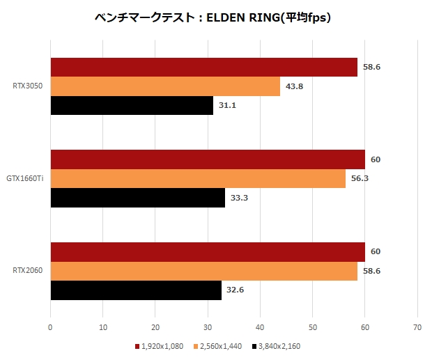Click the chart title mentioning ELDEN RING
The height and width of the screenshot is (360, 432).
tap(213, 17)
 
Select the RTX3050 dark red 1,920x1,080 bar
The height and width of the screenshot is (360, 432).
tap(203, 67)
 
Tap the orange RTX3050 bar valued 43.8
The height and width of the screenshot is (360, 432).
tap(165, 86)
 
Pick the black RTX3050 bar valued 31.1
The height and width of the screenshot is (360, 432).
tap(132, 105)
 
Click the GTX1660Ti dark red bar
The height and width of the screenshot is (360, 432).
tap(208, 159)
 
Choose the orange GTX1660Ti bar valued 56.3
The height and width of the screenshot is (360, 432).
tap(198, 178)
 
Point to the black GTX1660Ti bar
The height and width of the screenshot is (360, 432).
tap(137, 198)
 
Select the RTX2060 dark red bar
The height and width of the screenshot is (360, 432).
tap(208, 251)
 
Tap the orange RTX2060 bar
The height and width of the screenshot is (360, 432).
tap(203, 271)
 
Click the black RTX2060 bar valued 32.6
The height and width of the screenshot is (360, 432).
tap(136, 290)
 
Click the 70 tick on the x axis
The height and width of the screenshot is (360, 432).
tap(417, 327)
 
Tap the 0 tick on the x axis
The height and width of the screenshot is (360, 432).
tap(50, 327)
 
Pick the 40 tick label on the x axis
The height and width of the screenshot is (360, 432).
tap(260, 327)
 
